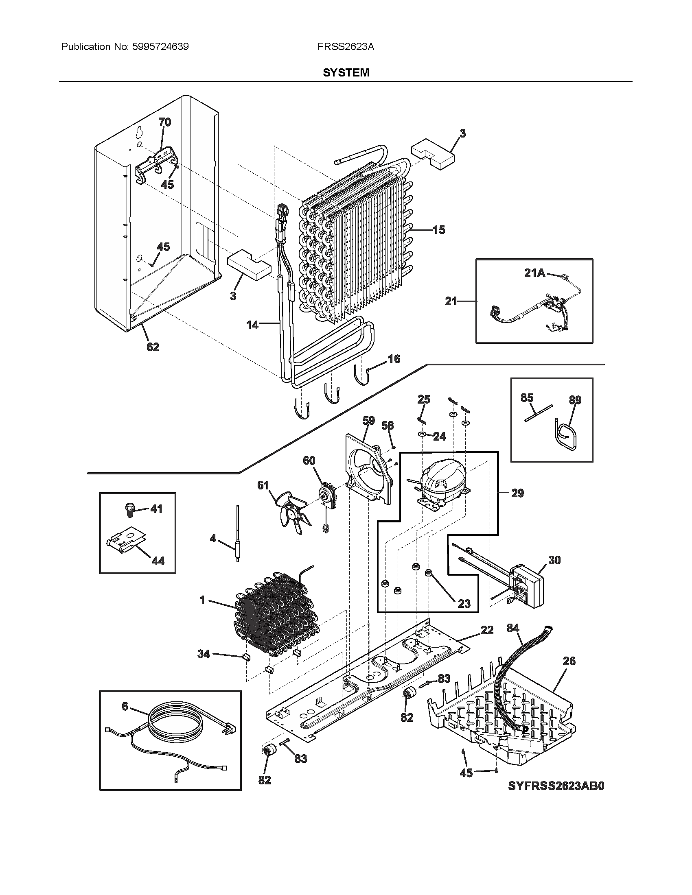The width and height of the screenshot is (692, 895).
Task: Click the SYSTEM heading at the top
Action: (346, 72)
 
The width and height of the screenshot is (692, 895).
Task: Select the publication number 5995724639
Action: (160, 47)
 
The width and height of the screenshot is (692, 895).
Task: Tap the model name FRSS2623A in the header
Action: (345, 47)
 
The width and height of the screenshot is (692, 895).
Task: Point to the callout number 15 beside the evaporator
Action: (439, 230)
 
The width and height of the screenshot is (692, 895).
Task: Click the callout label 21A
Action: (535, 273)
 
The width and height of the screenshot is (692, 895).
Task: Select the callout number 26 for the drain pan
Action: (569, 661)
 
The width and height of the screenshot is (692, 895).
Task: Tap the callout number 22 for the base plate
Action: (487, 630)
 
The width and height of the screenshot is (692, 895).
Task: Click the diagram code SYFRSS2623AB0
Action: (556, 786)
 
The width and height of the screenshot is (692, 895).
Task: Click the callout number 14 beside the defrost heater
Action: (252, 325)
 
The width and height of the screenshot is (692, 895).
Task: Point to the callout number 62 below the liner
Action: (153, 347)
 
